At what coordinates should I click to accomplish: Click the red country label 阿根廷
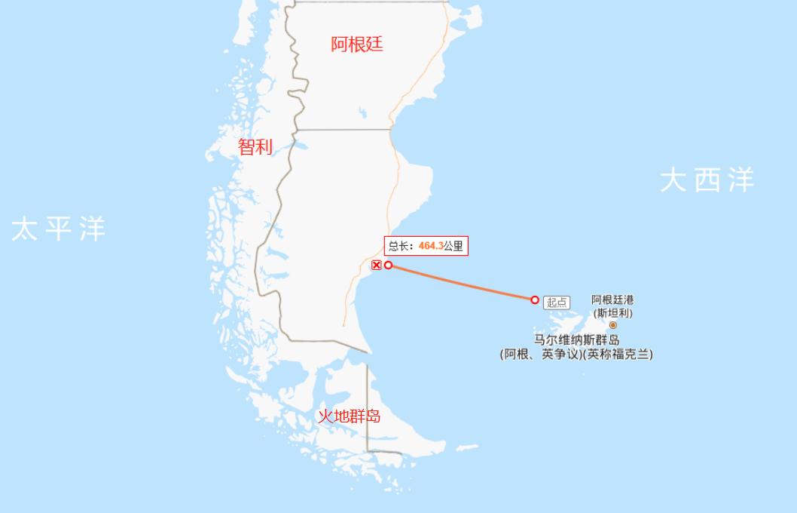coord(357,45)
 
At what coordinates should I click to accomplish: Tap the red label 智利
coord(255,147)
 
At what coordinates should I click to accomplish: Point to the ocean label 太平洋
coord(59,229)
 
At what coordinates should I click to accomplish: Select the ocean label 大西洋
coord(707,181)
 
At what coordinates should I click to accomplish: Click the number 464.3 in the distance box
coord(430,246)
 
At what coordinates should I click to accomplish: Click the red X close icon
coord(377,265)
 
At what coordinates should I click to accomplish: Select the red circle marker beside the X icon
coord(389,265)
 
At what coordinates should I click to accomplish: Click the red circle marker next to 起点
coord(535,300)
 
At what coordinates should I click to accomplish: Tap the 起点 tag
coord(557,303)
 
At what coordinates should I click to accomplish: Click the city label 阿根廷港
coord(612,300)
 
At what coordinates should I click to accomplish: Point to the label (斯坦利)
coord(612,312)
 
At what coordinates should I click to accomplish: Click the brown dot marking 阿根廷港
coord(612,325)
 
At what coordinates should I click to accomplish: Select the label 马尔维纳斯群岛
coord(576,340)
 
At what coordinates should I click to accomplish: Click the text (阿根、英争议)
coord(541,354)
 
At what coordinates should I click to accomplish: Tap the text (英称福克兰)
coord(618,354)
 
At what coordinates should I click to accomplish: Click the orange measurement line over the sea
coord(462,283)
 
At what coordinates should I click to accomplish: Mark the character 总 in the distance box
coord(394,246)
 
